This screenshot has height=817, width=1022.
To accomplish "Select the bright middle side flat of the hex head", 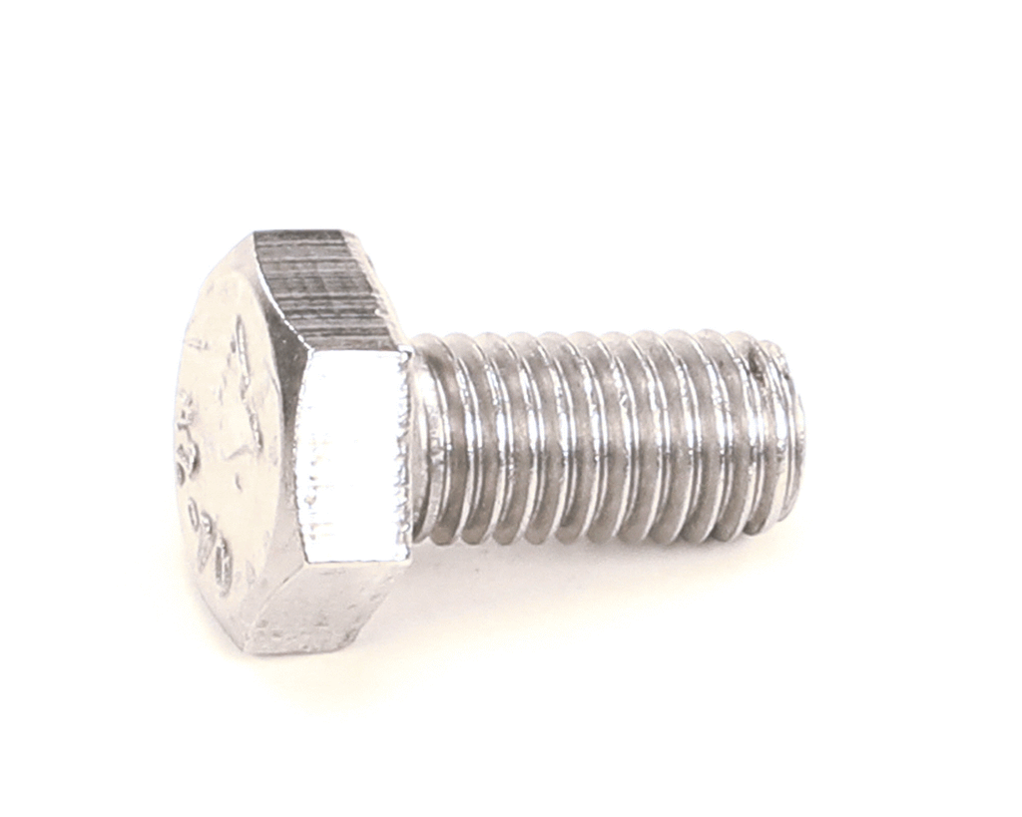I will pyautogui.click(x=355, y=454).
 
